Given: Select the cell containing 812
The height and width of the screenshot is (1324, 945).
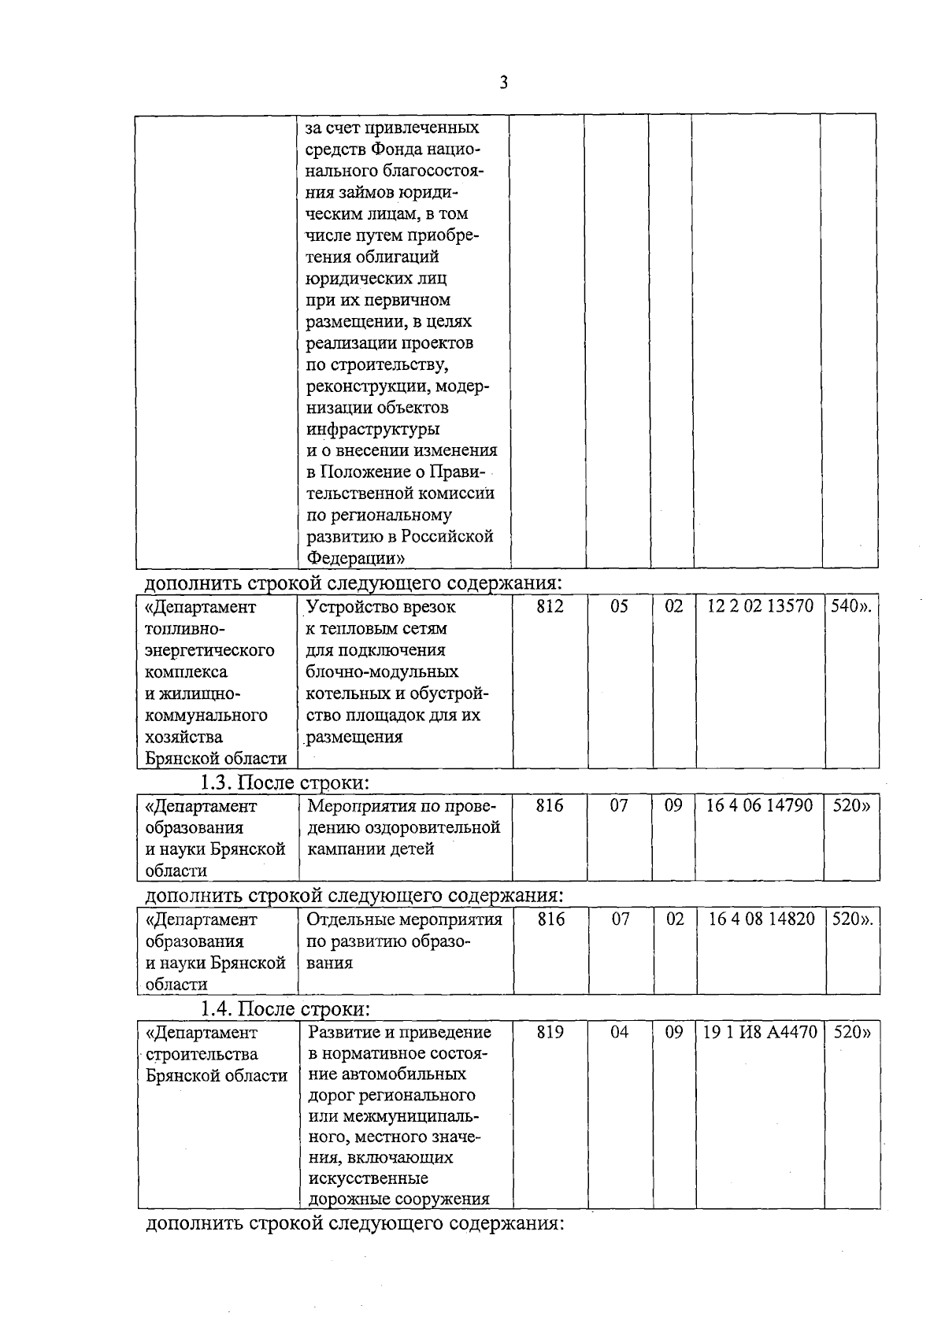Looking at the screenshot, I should point(550,607).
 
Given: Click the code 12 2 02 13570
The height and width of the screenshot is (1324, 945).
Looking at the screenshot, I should point(760,607).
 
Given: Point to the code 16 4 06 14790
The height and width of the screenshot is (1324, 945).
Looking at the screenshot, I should point(760,806).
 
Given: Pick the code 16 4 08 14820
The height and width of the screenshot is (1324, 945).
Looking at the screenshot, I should point(761,919).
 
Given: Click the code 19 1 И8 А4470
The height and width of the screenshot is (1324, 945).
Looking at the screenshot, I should point(760,1033).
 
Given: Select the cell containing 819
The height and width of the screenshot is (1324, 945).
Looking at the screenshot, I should point(550,1033).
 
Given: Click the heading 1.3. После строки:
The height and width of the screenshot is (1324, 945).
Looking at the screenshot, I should point(284,783).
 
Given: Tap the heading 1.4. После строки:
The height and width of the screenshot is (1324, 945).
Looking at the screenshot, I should point(284,1009).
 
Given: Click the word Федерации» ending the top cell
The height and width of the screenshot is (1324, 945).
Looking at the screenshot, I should point(355,558).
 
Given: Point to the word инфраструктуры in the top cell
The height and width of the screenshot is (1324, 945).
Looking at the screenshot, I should point(372,429).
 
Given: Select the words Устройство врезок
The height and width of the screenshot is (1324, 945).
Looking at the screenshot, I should point(381,608).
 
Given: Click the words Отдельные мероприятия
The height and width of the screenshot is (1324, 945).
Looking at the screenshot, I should point(404,919).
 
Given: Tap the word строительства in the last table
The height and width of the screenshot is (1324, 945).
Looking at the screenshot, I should point(202,1054).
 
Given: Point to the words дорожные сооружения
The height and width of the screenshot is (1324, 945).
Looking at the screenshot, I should point(398,1200).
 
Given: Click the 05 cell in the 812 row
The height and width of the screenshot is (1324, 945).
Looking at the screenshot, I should point(620,607).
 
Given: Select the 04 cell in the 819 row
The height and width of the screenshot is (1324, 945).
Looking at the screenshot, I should point(620,1033).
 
